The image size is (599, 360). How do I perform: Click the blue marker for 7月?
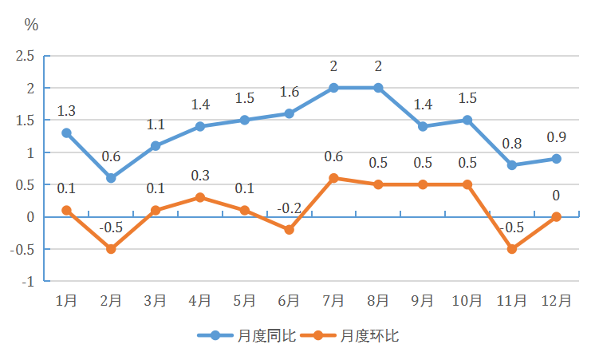[x=333, y=88]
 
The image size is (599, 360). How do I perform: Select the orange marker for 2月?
[x=111, y=249]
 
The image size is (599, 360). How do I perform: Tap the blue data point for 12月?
[x=556, y=159]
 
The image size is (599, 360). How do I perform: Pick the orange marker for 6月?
[x=289, y=230]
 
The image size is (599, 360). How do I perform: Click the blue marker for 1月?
[x=66, y=133]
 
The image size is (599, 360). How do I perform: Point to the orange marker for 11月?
[x=511, y=249]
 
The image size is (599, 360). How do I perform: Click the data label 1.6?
[x=289, y=93]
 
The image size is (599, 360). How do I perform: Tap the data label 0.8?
[x=511, y=144]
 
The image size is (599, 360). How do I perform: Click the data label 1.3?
[x=67, y=112]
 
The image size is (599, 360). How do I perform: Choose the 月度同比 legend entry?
[x=247, y=336]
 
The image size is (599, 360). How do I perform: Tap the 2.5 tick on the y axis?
[x=26, y=56]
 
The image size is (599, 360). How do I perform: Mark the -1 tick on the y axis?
[x=28, y=281]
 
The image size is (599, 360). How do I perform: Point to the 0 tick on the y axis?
[x=31, y=217]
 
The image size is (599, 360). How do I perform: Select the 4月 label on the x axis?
[x=200, y=301]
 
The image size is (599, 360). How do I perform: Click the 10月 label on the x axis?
[x=467, y=301]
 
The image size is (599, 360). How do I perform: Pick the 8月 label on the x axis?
[x=378, y=301]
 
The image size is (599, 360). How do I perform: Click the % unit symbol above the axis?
[x=31, y=25]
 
